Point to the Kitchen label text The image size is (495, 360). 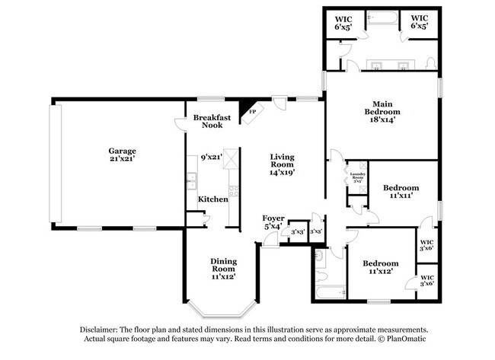(x=212, y=199)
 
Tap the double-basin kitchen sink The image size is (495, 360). (x=192, y=182)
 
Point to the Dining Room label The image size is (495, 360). (x=223, y=267)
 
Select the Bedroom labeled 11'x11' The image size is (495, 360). (x=400, y=191)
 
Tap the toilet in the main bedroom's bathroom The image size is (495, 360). (x=433, y=63)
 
